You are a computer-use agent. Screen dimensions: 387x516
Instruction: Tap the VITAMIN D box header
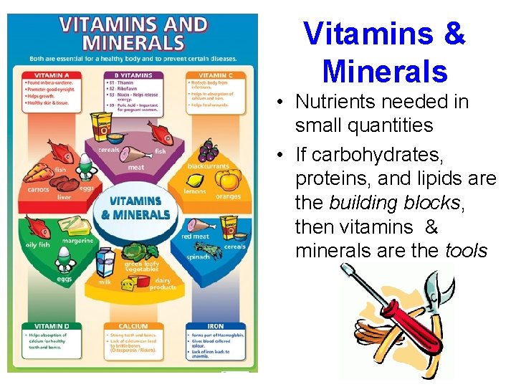tap(46, 326)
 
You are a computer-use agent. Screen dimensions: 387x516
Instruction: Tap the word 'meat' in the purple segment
tap(135, 167)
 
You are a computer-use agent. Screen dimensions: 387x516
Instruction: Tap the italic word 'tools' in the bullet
tap(466, 251)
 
